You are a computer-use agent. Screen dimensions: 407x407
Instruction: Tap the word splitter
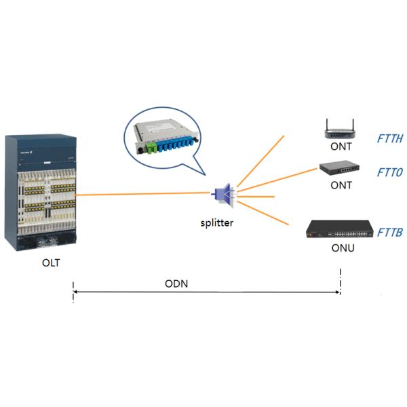[x=217, y=222]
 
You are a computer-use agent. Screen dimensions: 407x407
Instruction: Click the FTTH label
[x=390, y=139]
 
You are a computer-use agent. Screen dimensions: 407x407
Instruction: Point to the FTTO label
[x=390, y=172]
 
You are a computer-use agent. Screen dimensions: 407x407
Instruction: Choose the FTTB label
[x=390, y=233]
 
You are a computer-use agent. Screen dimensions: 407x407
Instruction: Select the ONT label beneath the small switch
[x=341, y=185]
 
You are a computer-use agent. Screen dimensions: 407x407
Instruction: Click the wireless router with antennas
[x=341, y=129]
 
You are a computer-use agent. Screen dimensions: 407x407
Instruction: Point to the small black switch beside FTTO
[x=341, y=168]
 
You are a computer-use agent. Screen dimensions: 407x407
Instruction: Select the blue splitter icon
[x=225, y=195]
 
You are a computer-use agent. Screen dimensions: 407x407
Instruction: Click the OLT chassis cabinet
[x=41, y=193]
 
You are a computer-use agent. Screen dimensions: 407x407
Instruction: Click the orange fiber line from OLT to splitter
[x=142, y=195]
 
